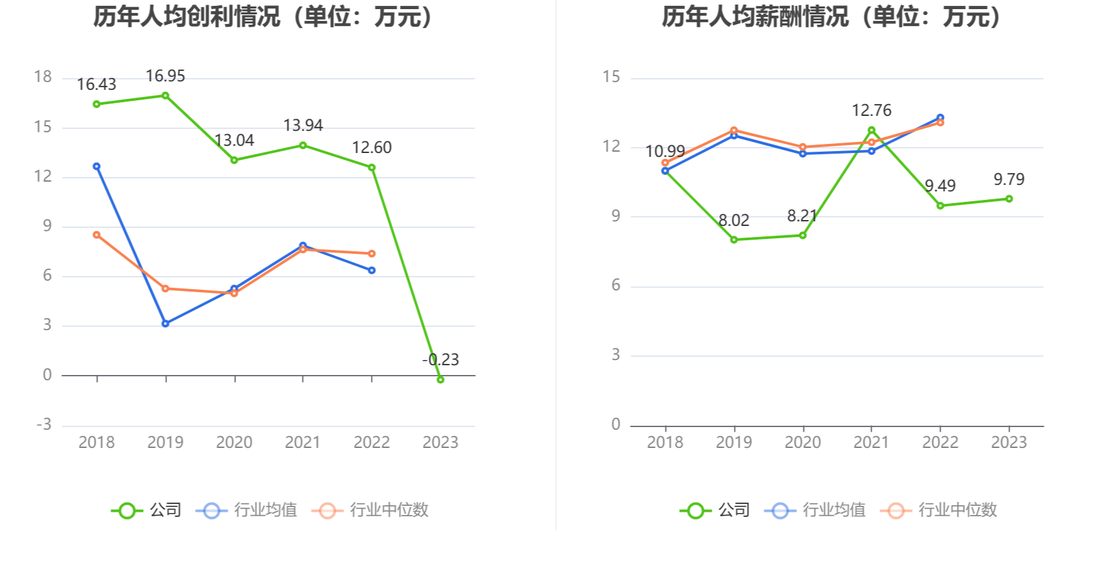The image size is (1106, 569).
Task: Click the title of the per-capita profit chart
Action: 264,16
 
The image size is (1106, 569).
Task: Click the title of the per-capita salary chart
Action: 833,16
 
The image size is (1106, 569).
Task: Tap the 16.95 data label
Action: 165,76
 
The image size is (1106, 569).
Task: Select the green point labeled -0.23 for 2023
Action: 440,380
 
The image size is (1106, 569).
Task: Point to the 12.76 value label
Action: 872,110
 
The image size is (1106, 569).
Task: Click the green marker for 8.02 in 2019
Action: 734,240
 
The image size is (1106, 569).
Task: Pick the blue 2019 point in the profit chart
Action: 165,324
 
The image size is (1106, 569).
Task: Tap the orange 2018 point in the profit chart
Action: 97,234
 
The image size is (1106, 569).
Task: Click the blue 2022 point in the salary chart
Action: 940,118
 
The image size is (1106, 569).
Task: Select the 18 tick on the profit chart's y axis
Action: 43,77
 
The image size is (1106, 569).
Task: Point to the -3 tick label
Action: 44,424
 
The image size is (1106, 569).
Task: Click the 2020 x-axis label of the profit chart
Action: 234,442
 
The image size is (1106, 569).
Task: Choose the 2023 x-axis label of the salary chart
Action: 1008,442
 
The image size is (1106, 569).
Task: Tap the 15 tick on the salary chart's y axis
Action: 612,77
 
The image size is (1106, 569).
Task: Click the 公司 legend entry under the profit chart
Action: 146,510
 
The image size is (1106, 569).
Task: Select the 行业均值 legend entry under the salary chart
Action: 815,510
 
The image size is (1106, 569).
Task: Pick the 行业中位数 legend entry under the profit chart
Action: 370,510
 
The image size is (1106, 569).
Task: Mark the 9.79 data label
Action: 1008,179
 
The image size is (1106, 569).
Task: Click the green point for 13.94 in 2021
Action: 303,145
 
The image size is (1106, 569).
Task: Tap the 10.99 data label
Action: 665,151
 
